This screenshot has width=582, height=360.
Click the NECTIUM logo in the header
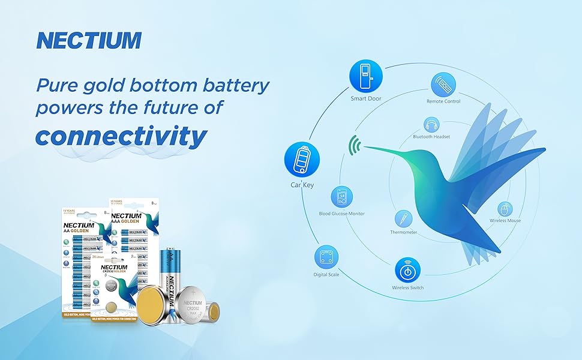tap(88, 40)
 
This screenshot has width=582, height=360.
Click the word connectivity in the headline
tap(121, 136)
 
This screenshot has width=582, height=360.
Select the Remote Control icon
tap(443, 85)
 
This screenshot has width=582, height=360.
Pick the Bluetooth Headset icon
tap(431, 125)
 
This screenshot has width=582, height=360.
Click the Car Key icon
tap(302, 160)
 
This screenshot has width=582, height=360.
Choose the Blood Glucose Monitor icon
tap(341, 197)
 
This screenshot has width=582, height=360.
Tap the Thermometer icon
tap(403, 218)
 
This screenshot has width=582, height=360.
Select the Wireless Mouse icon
tap(505, 209)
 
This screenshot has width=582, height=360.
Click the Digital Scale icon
tap(326, 258)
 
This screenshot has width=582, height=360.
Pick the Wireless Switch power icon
tap(407, 269)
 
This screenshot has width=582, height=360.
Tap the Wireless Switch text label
tap(407, 288)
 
